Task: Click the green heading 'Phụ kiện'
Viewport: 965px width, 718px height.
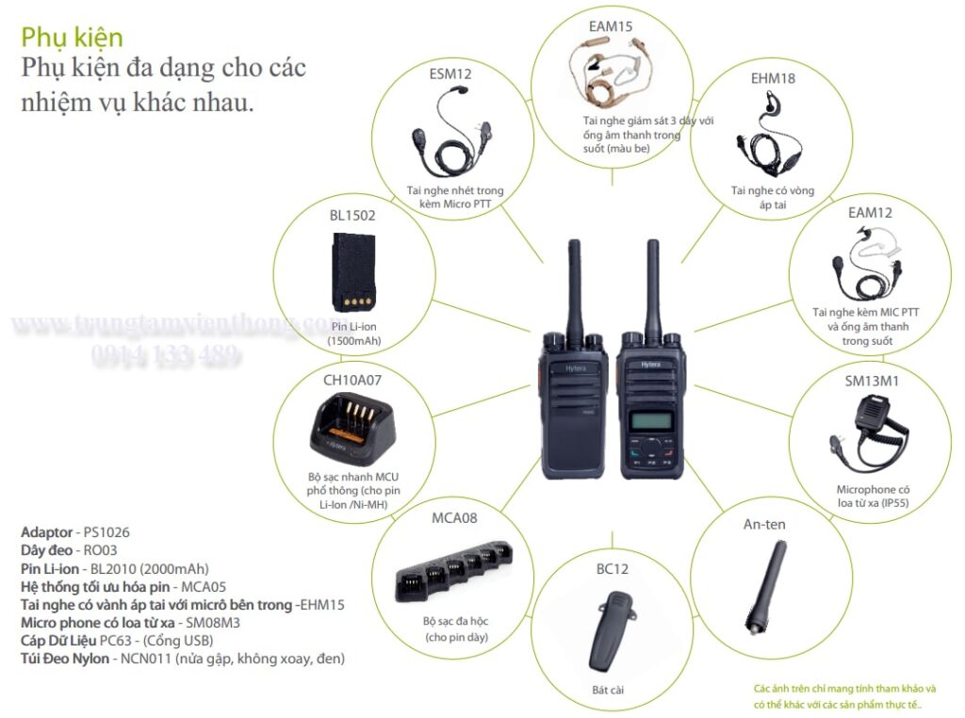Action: click(x=72, y=38)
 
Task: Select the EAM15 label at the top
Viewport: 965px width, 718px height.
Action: click(x=610, y=26)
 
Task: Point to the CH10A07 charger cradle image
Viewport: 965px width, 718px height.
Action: click(x=353, y=429)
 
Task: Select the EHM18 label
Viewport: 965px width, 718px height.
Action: click(x=772, y=78)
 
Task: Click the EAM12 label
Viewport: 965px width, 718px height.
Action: click(x=869, y=213)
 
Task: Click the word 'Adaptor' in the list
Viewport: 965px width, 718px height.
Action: click(x=46, y=532)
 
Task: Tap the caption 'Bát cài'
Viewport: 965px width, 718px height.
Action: click(x=608, y=691)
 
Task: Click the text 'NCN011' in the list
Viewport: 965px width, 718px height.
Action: click(x=138, y=659)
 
